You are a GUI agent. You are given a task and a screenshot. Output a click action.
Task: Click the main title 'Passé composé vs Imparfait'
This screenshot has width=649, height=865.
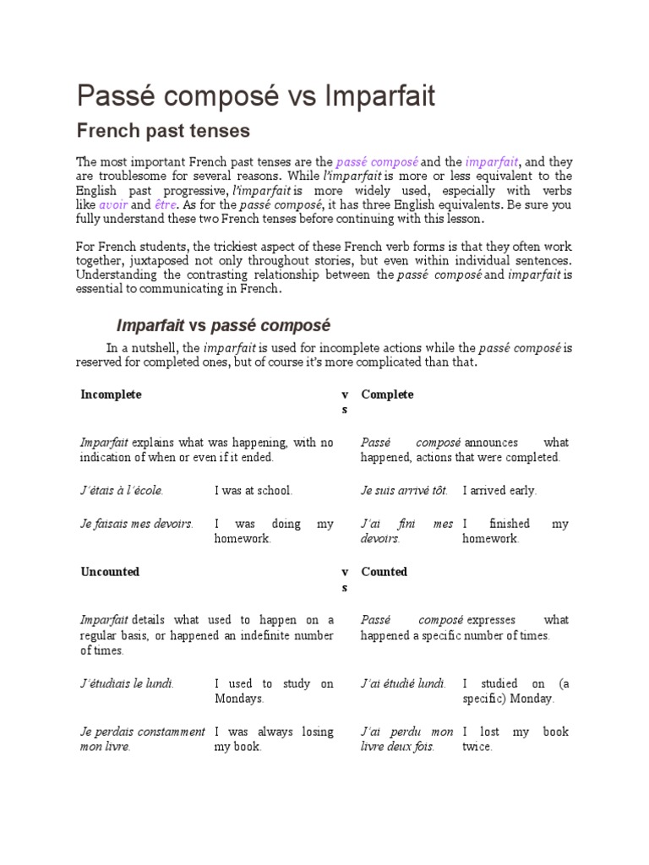pos(256,96)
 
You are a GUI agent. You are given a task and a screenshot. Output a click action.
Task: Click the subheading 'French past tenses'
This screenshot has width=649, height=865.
pos(162,131)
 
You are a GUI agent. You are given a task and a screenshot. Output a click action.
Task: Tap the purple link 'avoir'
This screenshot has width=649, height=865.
pos(114,204)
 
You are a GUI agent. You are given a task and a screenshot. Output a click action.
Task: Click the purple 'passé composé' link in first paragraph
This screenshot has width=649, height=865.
pos(377,161)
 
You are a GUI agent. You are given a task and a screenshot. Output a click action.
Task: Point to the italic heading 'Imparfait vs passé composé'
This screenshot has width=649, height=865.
pos(222,325)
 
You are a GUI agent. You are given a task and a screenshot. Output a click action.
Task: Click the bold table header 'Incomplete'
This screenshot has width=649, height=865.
pos(111,394)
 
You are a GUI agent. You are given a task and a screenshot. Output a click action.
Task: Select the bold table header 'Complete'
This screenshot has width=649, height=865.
pos(387,394)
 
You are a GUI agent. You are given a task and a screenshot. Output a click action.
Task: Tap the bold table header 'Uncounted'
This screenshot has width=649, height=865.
pos(110,572)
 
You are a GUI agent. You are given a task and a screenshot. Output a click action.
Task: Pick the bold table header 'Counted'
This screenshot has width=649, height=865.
pos(384,572)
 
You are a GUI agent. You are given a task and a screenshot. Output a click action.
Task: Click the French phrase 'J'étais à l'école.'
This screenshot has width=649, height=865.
pos(122,490)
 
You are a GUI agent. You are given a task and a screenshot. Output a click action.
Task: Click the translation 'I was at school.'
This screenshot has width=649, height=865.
pos(254,490)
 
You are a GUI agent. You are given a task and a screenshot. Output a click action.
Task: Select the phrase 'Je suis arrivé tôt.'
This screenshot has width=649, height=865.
pos(404,490)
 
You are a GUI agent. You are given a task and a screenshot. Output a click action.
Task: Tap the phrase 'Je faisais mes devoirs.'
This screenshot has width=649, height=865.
pos(137,524)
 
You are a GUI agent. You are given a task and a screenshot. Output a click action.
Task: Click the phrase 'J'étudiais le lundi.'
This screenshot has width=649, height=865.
pos(127,683)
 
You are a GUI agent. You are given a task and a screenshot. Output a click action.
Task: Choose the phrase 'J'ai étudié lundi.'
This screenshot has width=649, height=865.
pos(403,683)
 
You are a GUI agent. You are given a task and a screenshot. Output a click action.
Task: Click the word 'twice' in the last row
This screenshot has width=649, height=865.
pos(477,748)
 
